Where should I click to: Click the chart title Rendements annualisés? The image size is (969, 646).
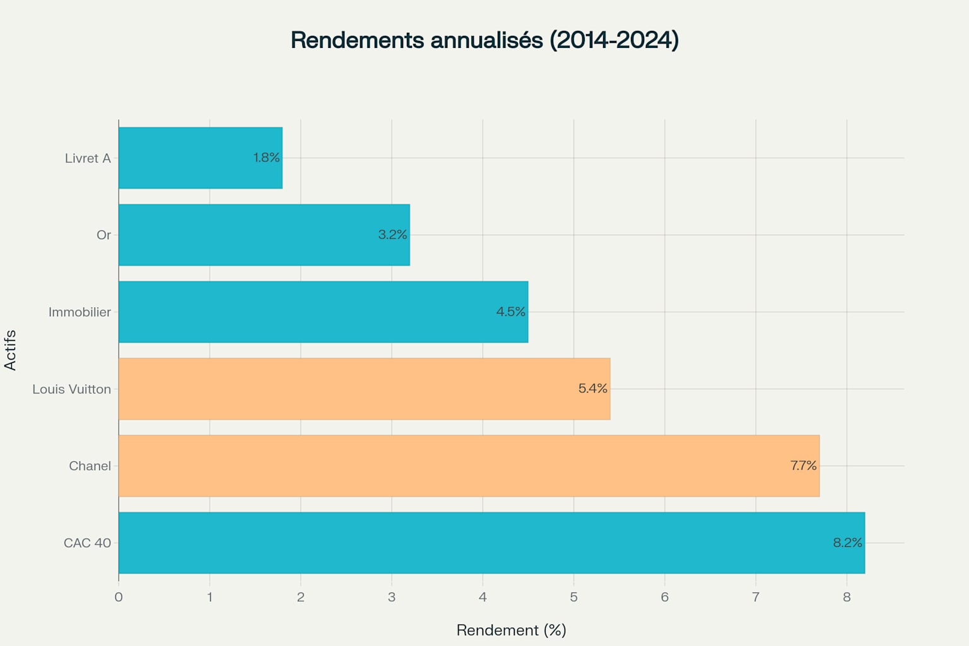[x=484, y=40]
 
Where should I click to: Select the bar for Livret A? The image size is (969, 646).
[x=200, y=158]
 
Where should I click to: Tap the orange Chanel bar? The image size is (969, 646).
[x=468, y=466]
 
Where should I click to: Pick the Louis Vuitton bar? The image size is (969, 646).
[x=364, y=389]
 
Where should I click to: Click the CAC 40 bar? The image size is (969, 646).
[x=491, y=543]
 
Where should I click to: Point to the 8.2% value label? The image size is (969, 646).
[x=847, y=543]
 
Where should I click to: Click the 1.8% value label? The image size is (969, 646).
[x=266, y=158]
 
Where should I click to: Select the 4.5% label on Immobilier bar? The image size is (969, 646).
[x=510, y=312]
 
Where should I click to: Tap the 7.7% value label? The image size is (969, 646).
[x=803, y=466]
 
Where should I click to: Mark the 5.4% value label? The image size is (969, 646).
[x=592, y=389]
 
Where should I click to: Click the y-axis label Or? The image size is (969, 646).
[x=103, y=235]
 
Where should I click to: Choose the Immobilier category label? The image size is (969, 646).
[x=79, y=312]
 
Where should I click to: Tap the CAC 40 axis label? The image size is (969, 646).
[x=87, y=543]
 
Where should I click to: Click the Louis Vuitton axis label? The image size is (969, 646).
[x=71, y=389]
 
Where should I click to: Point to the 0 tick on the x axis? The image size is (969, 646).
[x=119, y=597]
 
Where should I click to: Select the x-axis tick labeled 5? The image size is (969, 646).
[x=573, y=597]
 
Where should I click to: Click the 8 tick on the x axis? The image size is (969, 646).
[x=847, y=597]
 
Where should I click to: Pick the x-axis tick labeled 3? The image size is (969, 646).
[x=392, y=597]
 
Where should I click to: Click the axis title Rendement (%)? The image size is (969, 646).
[x=511, y=630]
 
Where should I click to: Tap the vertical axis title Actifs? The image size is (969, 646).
[x=10, y=350]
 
